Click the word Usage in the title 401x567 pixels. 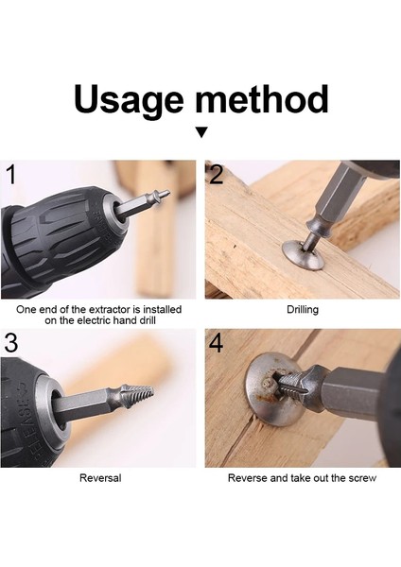pyautogui.click(x=131, y=99)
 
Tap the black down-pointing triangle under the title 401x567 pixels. pyautogui.click(x=200, y=133)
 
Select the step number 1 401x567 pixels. pyautogui.click(x=11, y=175)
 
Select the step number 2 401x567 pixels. pyautogui.click(x=217, y=175)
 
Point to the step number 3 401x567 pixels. pyautogui.click(x=11, y=343)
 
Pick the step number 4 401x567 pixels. pyautogui.click(x=217, y=343)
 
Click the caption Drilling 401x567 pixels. pyautogui.click(x=302, y=310)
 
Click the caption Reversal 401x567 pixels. pyautogui.click(x=99, y=478)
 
